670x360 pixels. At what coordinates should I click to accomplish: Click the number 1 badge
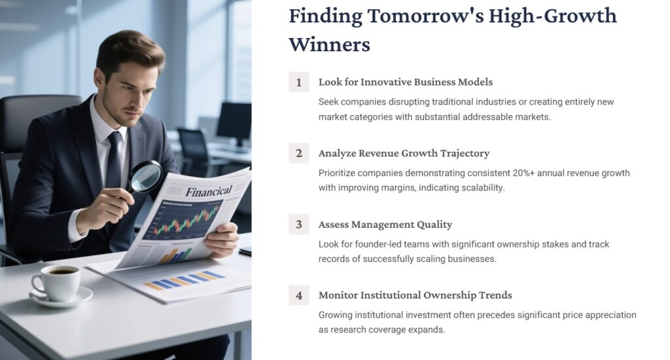pyautogui.click(x=299, y=82)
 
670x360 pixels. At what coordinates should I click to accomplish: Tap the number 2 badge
pyautogui.click(x=299, y=154)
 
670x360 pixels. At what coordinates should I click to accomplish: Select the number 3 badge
pyautogui.click(x=299, y=225)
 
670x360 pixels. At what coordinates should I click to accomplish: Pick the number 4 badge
pyautogui.click(x=299, y=296)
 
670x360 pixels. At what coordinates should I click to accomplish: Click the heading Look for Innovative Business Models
pyautogui.click(x=405, y=82)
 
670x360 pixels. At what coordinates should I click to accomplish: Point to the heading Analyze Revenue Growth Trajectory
pyautogui.click(x=404, y=154)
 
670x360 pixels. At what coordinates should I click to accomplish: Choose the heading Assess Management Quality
pyautogui.click(x=385, y=225)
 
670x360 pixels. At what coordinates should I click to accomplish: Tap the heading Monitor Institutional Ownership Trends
pyautogui.click(x=415, y=296)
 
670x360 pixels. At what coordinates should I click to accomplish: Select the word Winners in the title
pyautogui.click(x=329, y=45)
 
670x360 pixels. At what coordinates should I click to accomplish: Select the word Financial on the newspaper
pyautogui.click(x=208, y=191)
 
